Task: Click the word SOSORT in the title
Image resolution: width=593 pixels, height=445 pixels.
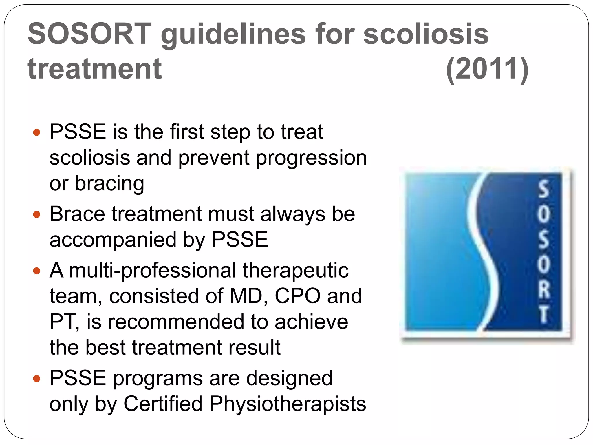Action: pos(90,34)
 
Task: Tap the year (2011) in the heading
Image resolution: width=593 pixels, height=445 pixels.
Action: pos(487,69)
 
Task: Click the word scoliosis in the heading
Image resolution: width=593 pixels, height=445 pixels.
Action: pos(426,34)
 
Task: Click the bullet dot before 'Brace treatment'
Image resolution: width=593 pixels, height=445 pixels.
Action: pos(36,215)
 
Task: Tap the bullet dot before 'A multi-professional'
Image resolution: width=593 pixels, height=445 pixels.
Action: pos(36,271)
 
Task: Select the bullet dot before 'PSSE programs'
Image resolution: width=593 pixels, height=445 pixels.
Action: pos(36,378)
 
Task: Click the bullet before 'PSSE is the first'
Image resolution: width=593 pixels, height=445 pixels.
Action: pos(36,132)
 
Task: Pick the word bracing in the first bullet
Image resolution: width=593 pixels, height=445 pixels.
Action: pos(109,184)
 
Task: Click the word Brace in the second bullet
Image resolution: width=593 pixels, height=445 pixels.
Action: pos(77,214)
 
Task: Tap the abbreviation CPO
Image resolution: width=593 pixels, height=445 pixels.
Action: pos(297,296)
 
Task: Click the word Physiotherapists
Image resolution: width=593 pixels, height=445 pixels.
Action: pos(288,404)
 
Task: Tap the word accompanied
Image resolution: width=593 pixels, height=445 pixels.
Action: pos(113,240)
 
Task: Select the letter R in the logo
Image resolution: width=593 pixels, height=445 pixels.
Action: pos(544,289)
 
